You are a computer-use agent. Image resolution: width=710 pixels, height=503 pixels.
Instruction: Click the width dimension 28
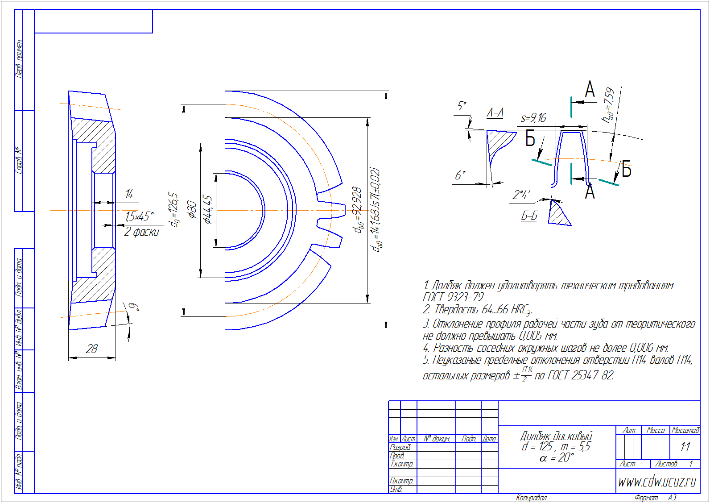pyautogui.click(x=92, y=349)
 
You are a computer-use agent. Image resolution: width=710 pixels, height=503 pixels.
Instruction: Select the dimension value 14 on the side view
pyautogui.click(x=129, y=194)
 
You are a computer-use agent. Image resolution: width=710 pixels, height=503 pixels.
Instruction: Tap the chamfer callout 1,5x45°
pyautogui.click(x=139, y=216)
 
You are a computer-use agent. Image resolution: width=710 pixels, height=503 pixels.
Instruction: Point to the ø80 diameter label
pyautogui.click(x=192, y=209)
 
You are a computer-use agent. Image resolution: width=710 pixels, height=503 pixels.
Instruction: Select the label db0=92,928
pyautogui.click(x=358, y=210)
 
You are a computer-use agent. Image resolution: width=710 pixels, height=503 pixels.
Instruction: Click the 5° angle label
pyautogui.click(x=462, y=106)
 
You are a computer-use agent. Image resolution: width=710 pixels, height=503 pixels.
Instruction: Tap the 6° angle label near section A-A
pyautogui.click(x=460, y=175)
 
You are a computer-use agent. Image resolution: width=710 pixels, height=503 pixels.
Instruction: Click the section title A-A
pyautogui.click(x=495, y=113)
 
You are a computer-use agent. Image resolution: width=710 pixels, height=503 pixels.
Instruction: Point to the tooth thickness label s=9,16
pyautogui.click(x=533, y=118)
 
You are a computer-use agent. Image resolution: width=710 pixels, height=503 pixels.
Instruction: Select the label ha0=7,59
pyautogui.click(x=608, y=105)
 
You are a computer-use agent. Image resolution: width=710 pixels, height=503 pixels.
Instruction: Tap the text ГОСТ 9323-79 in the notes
pyautogui.click(x=453, y=297)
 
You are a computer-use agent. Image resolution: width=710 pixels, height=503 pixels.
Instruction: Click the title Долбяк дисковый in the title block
pyautogui.click(x=556, y=436)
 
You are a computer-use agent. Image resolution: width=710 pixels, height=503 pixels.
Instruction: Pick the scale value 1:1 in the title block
pyautogui.click(x=685, y=446)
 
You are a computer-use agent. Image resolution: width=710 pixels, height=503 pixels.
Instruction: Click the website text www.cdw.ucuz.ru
pyautogui.click(x=657, y=482)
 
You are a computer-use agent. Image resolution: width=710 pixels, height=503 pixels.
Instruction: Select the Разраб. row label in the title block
pyautogui.click(x=400, y=447)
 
